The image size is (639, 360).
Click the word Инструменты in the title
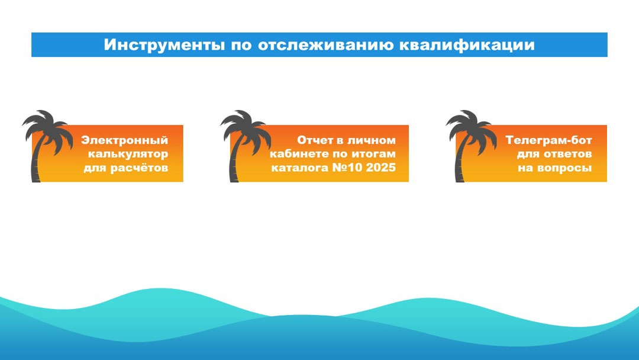(164, 45)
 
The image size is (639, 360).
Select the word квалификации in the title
(467, 45)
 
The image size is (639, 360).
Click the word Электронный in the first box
(125, 140)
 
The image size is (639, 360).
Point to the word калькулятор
(128, 154)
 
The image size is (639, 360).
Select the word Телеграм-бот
(548, 140)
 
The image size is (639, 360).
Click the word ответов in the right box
(567, 154)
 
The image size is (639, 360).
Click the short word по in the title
(241, 45)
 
